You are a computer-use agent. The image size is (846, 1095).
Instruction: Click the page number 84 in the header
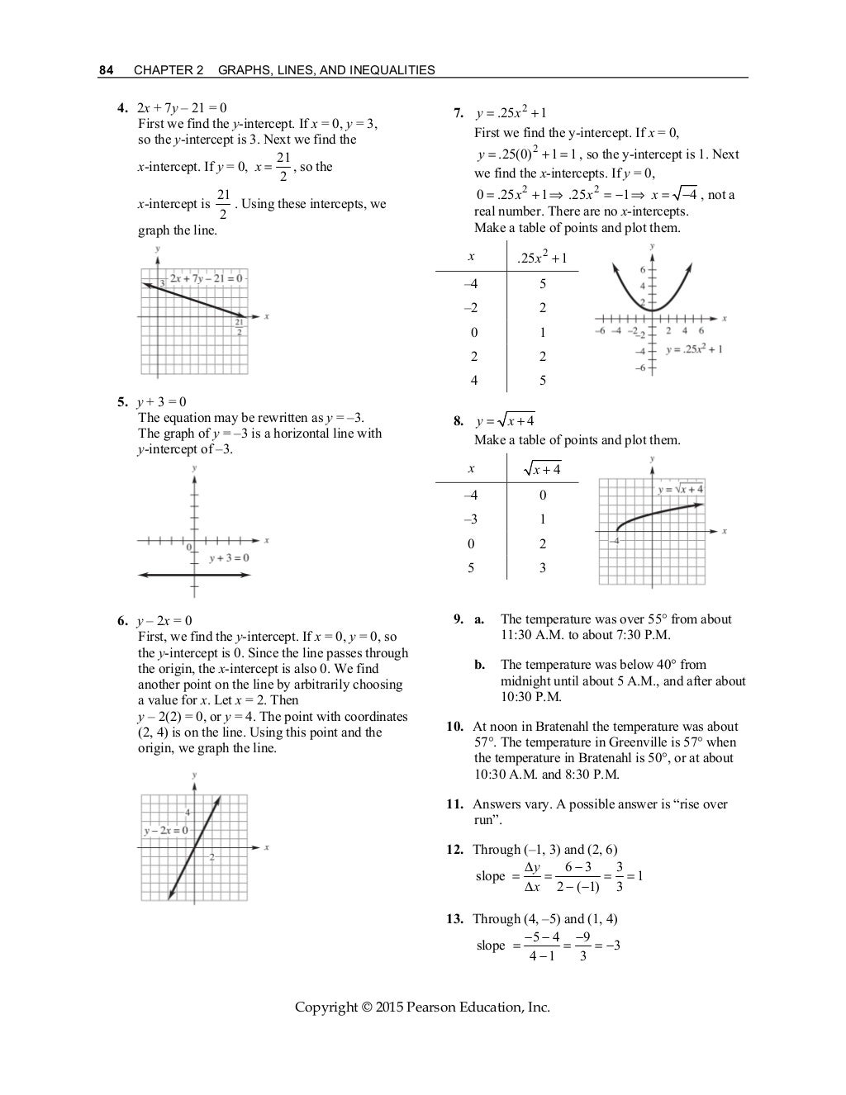click(x=106, y=70)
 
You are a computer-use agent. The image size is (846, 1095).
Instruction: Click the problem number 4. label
click(x=122, y=107)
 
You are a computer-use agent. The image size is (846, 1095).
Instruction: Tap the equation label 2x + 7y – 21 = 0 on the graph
click(x=207, y=278)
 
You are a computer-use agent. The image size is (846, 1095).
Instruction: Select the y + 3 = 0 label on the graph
click(x=228, y=558)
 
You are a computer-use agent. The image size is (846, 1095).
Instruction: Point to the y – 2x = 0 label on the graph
click(x=165, y=830)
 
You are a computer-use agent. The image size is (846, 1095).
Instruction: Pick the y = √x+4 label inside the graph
click(x=681, y=490)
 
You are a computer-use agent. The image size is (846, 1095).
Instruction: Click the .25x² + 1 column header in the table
click(x=541, y=258)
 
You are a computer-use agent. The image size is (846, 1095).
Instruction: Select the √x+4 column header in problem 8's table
click(x=542, y=469)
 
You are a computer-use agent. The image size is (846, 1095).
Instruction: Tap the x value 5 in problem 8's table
click(x=471, y=568)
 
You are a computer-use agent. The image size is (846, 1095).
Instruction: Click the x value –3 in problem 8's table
click(x=470, y=519)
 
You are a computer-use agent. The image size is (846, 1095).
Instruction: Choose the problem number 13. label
click(x=455, y=919)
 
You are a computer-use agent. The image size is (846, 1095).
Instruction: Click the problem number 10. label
click(x=455, y=727)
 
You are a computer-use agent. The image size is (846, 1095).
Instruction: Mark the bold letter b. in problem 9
click(x=479, y=665)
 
